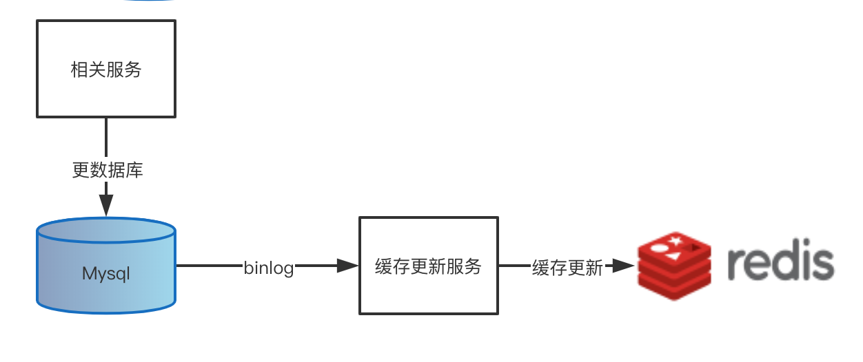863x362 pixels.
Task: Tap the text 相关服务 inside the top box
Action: (x=106, y=70)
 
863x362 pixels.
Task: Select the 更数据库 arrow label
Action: (x=108, y=170)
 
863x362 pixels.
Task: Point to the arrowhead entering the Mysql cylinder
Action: (x=106, y=204)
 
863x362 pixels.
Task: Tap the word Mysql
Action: (x=106, y=274)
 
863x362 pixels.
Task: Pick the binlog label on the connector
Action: (x=269, y=268)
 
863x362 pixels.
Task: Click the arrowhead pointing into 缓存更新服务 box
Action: (x=347, y=266)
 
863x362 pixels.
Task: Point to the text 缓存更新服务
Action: (x=428, y=266)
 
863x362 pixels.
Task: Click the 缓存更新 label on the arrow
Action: (x=567, y=268)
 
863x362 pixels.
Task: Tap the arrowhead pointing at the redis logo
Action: (x=623, y=266)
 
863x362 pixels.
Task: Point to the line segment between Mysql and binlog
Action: (x=209, y=266)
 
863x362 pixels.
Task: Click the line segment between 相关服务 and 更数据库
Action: (x=106, y=138)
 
